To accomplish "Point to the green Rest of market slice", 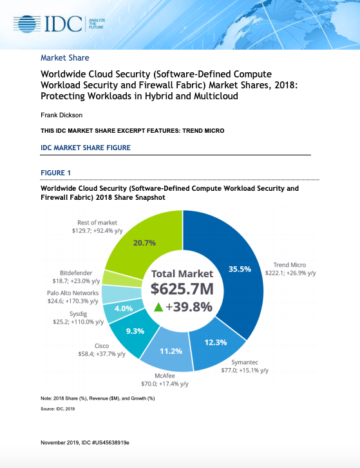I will pos(145,244).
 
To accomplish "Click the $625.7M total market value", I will pos(182,288).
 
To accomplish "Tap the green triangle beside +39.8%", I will pos(157,307).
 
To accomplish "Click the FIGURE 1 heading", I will pos(56,173).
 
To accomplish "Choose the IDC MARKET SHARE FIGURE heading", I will pos(85,148).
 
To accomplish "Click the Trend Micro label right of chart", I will pos(289,265).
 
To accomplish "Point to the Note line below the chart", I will pos(97,399).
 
